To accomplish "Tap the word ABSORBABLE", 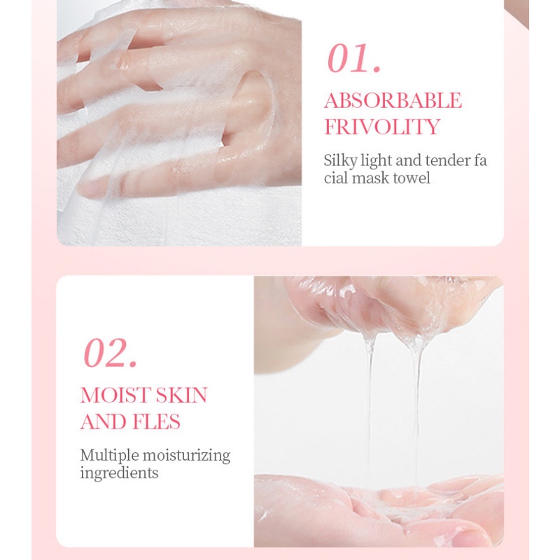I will tap(393, 100).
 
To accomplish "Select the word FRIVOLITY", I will tap(381, 127).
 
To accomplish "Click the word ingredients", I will tap(119, 472).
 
